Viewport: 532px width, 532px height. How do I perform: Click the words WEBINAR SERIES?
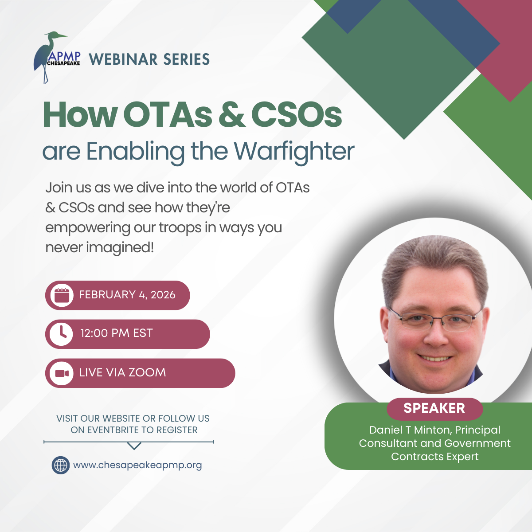[149, 59]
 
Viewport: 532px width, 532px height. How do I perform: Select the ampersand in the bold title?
[231, 115]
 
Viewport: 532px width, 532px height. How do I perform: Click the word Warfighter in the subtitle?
[294, 152]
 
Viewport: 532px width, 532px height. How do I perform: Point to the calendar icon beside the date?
[61, 295]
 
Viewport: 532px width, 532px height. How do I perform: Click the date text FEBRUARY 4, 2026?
[127, 295]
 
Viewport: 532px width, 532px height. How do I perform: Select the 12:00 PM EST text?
[116, 333]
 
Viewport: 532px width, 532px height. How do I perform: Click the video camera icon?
[61, 373]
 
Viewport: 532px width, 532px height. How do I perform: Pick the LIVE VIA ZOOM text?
[122, 372]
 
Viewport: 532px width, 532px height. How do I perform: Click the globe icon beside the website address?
[61, 465]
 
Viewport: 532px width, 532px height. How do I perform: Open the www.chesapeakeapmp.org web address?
[137, 465]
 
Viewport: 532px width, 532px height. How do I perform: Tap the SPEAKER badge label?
[434, 408]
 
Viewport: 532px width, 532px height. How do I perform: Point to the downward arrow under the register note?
[134, 446]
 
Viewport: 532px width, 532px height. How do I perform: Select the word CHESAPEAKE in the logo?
[63, 63]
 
